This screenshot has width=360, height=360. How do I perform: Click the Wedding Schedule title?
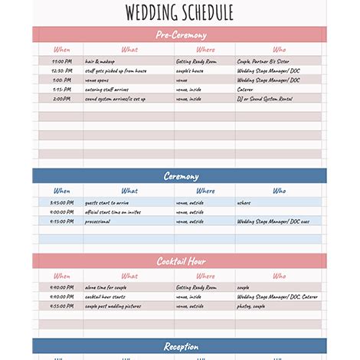point(180,12)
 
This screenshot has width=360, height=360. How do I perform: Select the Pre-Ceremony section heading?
point(180,35)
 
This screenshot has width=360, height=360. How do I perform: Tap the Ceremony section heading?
point(180,176)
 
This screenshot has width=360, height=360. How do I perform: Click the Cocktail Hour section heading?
point(180,261)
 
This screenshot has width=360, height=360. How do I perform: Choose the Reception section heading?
point(180,346)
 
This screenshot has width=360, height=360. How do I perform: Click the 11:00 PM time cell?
point(62,61)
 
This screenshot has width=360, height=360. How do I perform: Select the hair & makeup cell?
point(100,61)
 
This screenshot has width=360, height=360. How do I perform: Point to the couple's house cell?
point(190,70)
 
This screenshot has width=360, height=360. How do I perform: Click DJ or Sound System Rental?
point(265,98)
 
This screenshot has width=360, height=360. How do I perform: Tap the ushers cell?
point(244,202)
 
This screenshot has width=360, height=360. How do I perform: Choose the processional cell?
point(98,221)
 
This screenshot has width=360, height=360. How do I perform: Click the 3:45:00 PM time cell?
point(62,202)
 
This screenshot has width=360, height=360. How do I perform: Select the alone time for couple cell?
point(107,287)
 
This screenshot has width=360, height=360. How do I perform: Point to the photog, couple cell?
point(251,306)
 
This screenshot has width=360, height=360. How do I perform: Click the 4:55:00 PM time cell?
point(62,306)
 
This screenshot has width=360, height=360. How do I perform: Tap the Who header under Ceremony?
point(279,191)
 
